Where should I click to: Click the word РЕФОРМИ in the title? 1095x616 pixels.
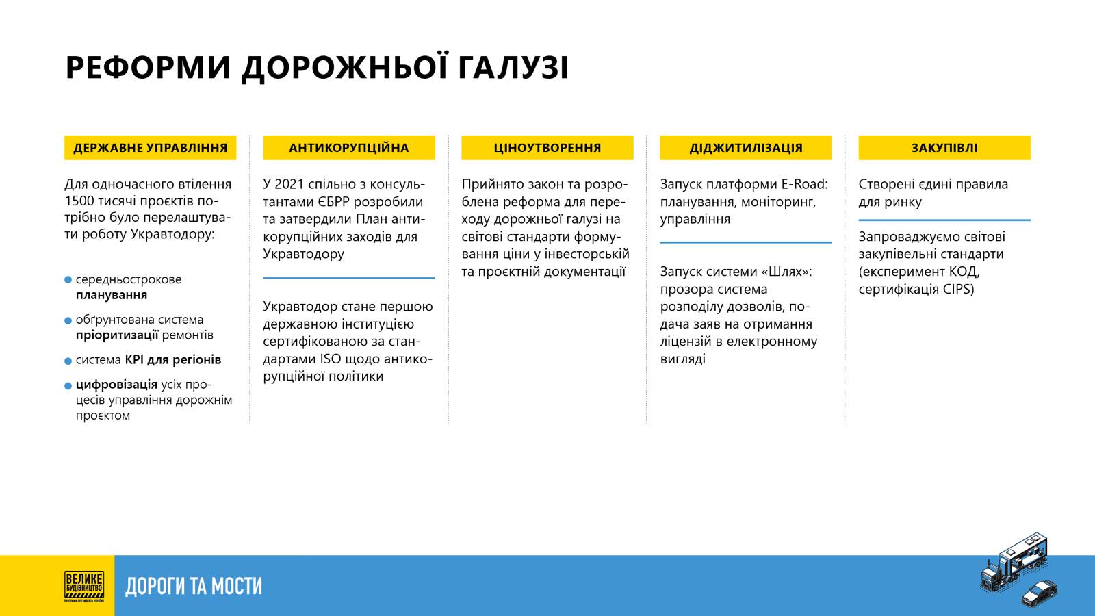click(x=148, y=68)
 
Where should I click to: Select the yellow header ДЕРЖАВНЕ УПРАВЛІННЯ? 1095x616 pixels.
click(x=150, y=148)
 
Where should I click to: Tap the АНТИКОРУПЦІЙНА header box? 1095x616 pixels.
click(x=348, y=148)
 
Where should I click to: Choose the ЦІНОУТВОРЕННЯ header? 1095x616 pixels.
click(x=547, y=148)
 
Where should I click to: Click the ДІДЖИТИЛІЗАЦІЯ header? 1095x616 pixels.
click(x=746, y=148)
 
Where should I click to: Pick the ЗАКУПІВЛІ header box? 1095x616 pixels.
click(x=944, y=148)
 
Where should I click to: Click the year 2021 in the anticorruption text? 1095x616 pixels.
click(x=289, y=184)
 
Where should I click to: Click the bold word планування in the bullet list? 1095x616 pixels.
click(x=112, y=295)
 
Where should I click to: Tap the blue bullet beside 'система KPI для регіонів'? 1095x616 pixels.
click(x=68, y=361)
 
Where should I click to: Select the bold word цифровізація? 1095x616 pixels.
click(x=116, y=385)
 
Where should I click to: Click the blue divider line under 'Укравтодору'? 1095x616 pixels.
click(x=348, y=278)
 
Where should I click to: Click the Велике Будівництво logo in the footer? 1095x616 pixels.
click(x=83, y=586)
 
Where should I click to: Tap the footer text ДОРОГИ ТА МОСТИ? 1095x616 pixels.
click(x=194, y=586)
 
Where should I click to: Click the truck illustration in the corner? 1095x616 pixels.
click(x=1014, y=561)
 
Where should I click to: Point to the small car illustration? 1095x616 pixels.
click(x=1039, y=593)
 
